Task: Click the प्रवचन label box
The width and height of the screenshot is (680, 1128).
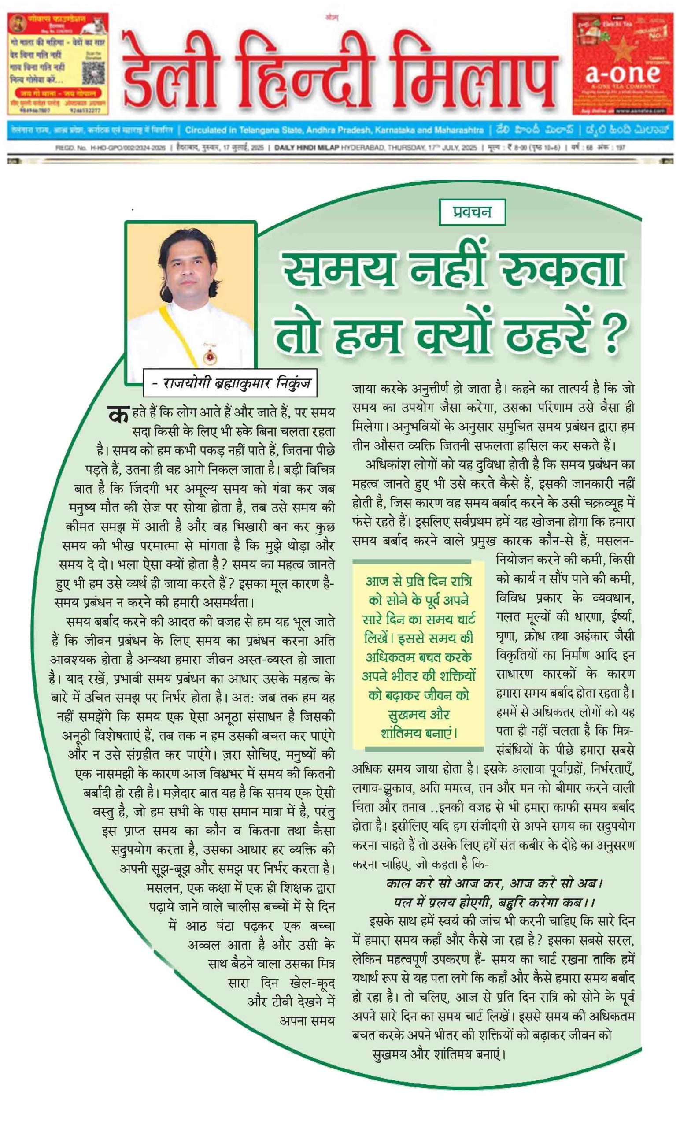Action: (472, 212)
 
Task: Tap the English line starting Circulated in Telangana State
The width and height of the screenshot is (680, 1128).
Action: (333, 130)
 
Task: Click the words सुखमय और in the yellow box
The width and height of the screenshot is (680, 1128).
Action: (418, 714)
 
